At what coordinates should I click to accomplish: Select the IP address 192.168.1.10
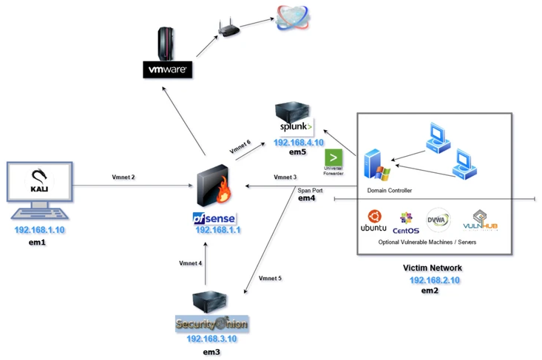(x=39, y=230)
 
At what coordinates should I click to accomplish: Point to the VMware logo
(x=167, y=70)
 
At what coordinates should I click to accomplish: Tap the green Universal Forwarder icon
(x=334, y=157)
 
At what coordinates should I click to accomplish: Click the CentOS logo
(x=405, y=222)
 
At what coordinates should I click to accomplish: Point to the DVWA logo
(x=438, y=220)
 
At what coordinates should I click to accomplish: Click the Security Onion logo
(x=211, y=324)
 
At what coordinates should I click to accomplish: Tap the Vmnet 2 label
(x=123, y=177)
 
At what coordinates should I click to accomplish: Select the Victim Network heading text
(x=432, y=268)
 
